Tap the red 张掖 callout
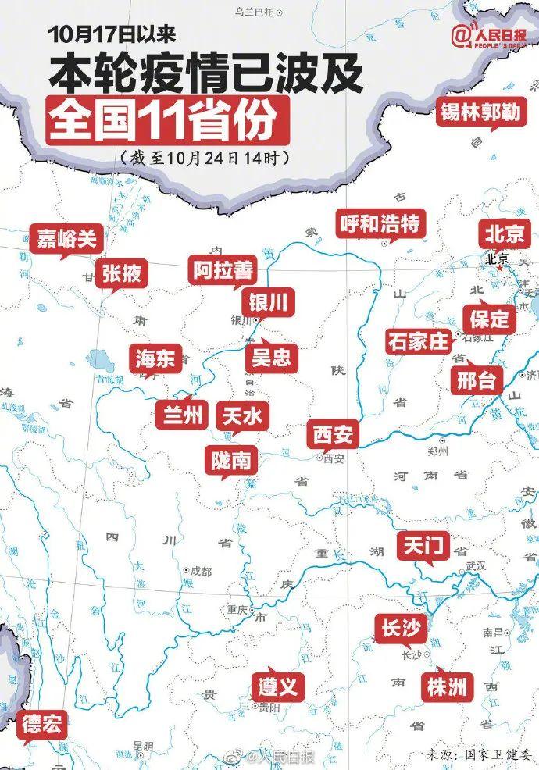pos(122,273)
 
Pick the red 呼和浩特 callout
pos(380,225)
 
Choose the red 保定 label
pos(489,317)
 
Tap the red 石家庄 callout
pos(418,341)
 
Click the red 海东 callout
pos(155,358)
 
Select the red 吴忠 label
pos(270,357)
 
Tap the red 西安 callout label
pos(334,433)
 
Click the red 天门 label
pos(423,546)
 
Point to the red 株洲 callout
pos(448,686)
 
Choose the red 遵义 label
pos(277,686)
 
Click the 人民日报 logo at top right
pos(491,36)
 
